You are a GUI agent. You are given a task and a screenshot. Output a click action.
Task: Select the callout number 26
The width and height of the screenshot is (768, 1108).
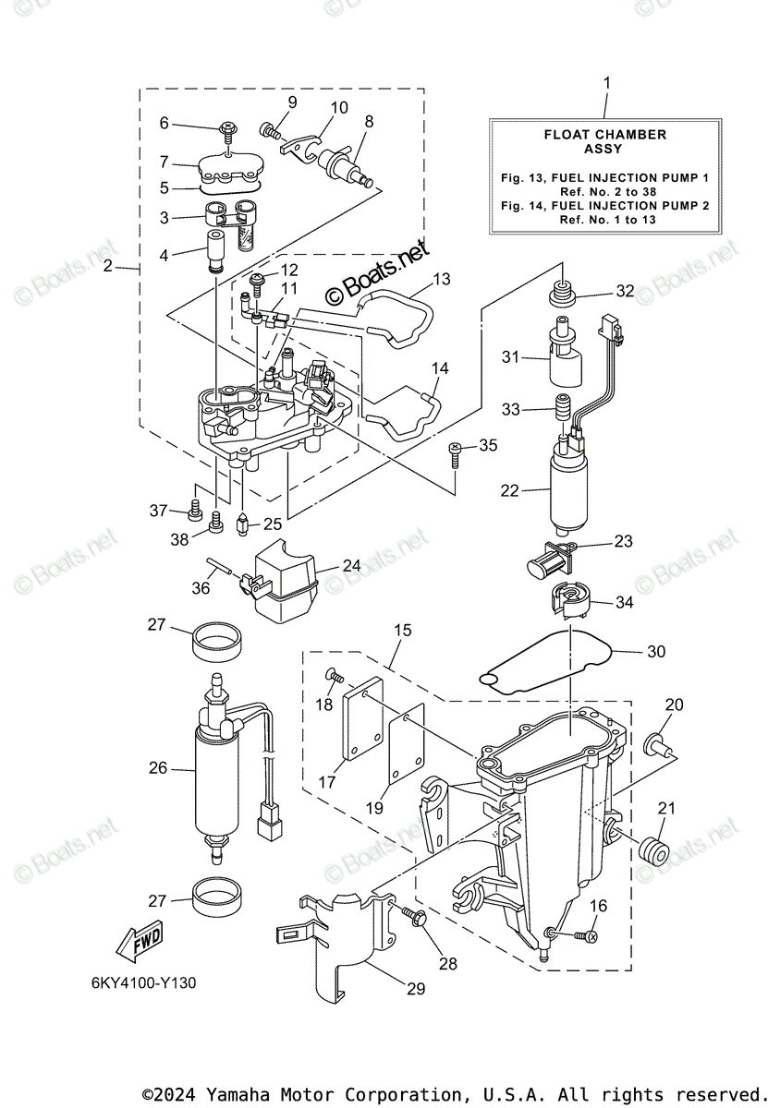(158, 766)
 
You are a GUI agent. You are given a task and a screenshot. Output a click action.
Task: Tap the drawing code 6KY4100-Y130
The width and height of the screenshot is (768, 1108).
(143, 982)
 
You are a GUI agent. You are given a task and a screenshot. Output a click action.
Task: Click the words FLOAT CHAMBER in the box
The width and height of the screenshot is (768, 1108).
(604, 135)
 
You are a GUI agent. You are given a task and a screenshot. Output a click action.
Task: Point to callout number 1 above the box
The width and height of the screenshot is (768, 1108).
(606, 83)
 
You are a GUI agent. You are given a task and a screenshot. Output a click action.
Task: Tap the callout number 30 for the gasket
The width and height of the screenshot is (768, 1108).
(655, 652)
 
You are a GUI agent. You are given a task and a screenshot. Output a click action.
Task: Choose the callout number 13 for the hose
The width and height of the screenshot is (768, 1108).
(441, 278)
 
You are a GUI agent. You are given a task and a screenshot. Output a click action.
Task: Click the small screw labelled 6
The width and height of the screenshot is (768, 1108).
(226, 126)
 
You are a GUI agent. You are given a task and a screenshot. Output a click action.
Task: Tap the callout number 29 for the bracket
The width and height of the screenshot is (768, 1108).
(415, 989)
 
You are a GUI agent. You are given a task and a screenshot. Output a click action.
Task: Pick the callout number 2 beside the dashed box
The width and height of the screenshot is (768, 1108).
(108, 268)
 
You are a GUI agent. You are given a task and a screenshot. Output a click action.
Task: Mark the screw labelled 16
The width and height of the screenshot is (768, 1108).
(585, 936)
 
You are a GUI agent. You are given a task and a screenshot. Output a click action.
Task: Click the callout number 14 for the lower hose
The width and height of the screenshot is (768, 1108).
(440, 368)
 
